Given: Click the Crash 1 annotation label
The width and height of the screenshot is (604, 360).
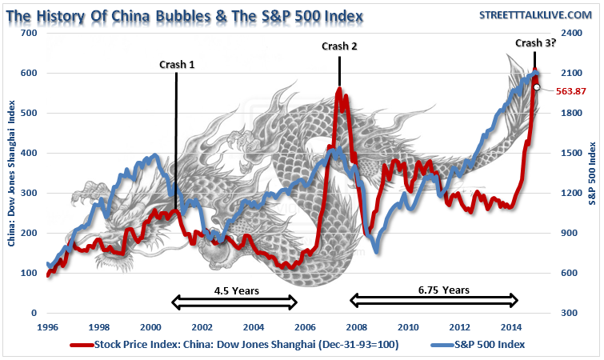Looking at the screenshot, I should (x=177, y=65).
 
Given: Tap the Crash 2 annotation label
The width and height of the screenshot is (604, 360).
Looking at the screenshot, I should (x=339, y=46).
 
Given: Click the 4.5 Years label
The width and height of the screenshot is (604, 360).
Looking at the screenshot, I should (x=236, y=290).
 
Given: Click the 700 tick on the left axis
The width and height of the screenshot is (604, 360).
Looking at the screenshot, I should (x=30, y=33).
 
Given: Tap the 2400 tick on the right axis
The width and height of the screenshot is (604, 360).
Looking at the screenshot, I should (x=570, y=33).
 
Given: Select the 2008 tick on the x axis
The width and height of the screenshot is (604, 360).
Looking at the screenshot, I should (x=356, y=326).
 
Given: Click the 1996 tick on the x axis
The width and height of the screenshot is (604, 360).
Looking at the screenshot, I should (x=47, y=326).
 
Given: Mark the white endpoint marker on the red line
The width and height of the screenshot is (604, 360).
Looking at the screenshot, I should (x=536, y=87).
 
